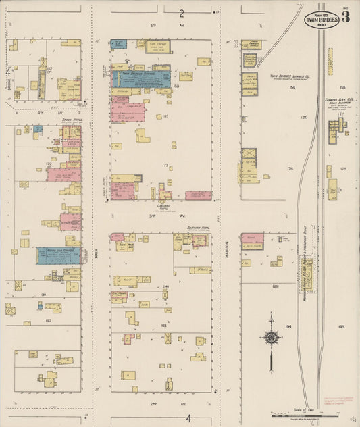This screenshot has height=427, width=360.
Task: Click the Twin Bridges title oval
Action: click(320, 19)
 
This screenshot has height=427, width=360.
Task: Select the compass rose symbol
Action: click(271, 337)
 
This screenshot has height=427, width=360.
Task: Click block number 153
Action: click(176, 86)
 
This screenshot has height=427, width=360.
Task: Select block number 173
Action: click(165, 164)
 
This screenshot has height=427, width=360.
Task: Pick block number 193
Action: click(165, 306)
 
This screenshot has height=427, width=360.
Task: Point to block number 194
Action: click(288, 326)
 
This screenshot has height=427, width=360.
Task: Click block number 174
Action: click(290, 168)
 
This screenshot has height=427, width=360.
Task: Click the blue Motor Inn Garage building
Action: click(59, 255)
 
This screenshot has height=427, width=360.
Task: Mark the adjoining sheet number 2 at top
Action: click(182, 14)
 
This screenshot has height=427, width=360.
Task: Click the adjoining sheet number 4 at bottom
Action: click(189, 418)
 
